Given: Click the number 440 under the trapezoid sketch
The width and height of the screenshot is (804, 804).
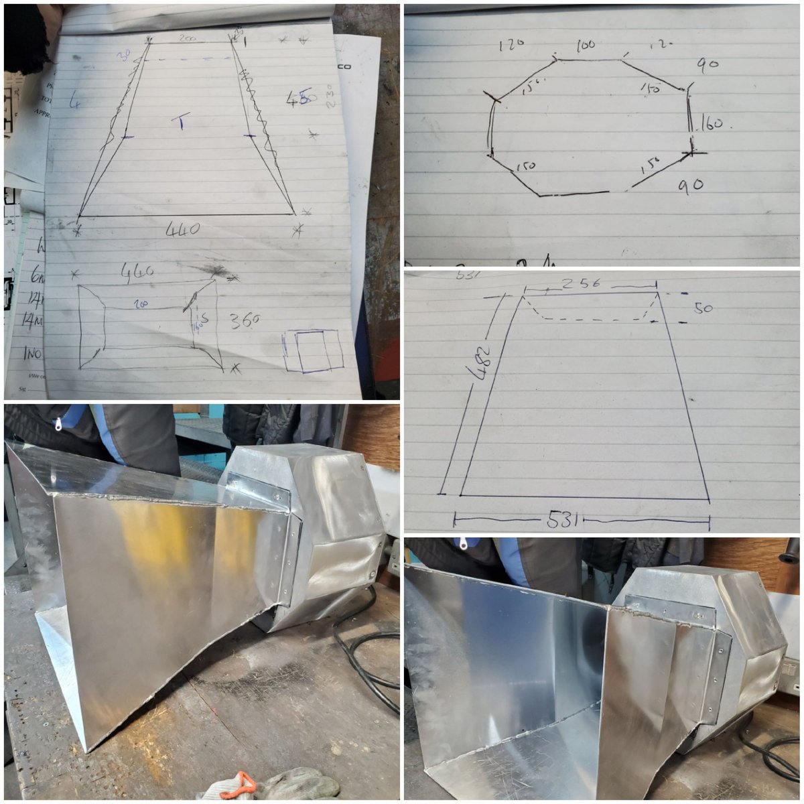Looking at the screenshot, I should (x=182, y=230).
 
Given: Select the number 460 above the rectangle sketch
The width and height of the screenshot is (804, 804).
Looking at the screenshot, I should (x=137, y=271).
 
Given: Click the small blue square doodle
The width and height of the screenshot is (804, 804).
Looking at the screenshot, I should (x=312, y=350).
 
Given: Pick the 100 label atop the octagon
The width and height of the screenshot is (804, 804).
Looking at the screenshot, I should (x=586, y=46).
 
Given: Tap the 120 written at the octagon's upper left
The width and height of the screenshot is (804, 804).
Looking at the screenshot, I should (x=511, y=46).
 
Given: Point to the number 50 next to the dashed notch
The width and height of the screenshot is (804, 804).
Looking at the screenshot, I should (x=703, y=308).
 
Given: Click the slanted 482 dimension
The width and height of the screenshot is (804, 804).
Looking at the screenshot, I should (x=484, y=362).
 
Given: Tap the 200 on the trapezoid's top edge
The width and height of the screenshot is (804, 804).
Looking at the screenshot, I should (x=187, y=39).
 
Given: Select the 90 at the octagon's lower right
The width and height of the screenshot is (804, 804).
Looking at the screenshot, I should (x=689, y=184).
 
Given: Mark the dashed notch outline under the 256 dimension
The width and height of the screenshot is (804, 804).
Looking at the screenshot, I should (x=590, y=318).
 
